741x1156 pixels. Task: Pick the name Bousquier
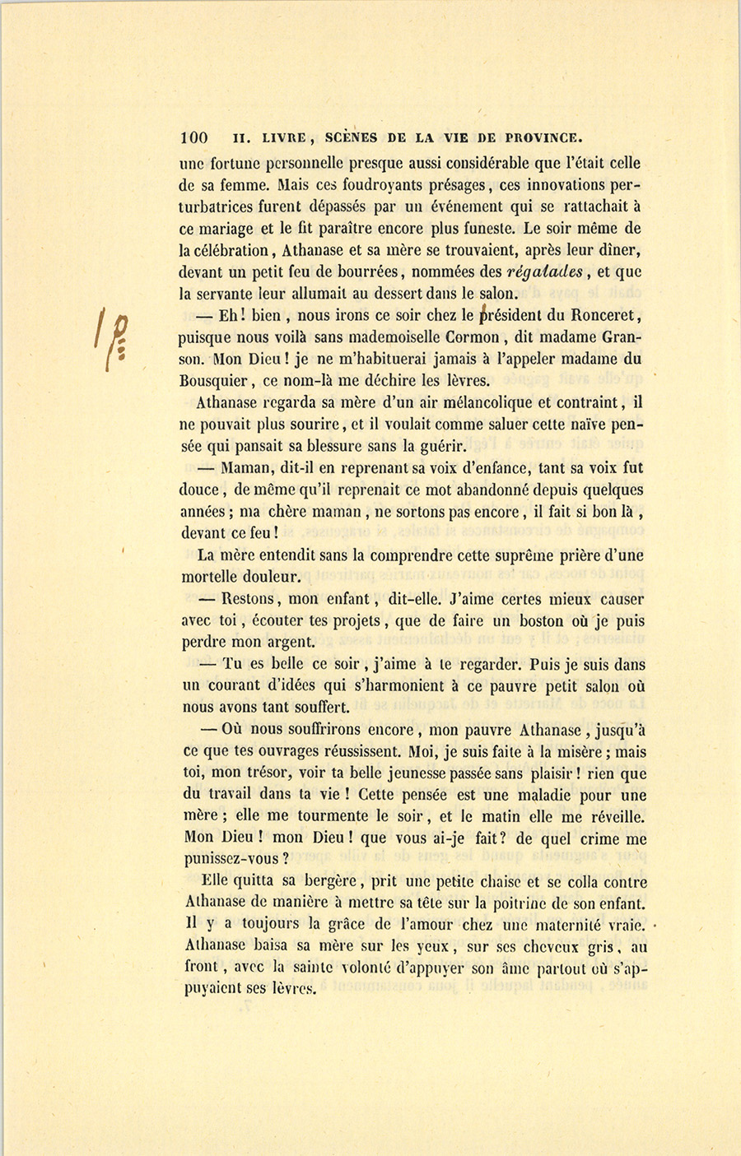coord(214,380)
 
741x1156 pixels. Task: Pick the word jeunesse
coord(445,773)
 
